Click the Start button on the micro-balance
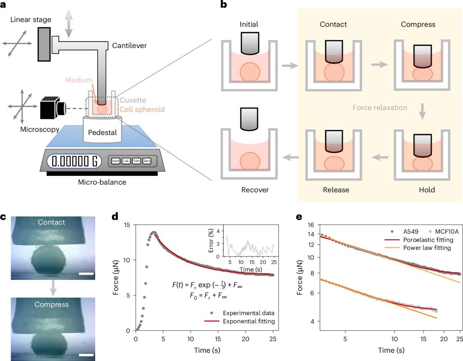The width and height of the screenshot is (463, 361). (x=115, y=161)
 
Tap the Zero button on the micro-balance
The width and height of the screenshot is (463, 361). (x=147, y=161)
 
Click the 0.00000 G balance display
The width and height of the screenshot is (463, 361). (x=74, y=161)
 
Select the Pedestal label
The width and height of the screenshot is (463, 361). (x=102, y=132)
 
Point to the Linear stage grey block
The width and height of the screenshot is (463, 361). (x=44, y=44)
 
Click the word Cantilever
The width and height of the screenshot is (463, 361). (x=129, y=45)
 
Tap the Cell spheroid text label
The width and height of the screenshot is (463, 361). (x=142, y=109)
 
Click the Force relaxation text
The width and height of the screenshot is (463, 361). (x=380, y=108)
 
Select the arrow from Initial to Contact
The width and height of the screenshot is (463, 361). (x=290, y=65)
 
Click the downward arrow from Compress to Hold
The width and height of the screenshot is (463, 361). (x=422, y=111)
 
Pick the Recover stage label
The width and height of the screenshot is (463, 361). (x=255, y=190)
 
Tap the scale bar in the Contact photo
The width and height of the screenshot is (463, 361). (x=86, y=274)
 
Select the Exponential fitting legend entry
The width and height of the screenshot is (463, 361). (x=240, y=321)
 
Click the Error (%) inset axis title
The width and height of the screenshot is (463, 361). (x=211, y=241)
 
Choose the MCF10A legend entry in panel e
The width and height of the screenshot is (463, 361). (x=443, y=232)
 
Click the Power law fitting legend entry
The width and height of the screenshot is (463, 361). (x=418, y=247)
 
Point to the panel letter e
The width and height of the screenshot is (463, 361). (x=299, y=217)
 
